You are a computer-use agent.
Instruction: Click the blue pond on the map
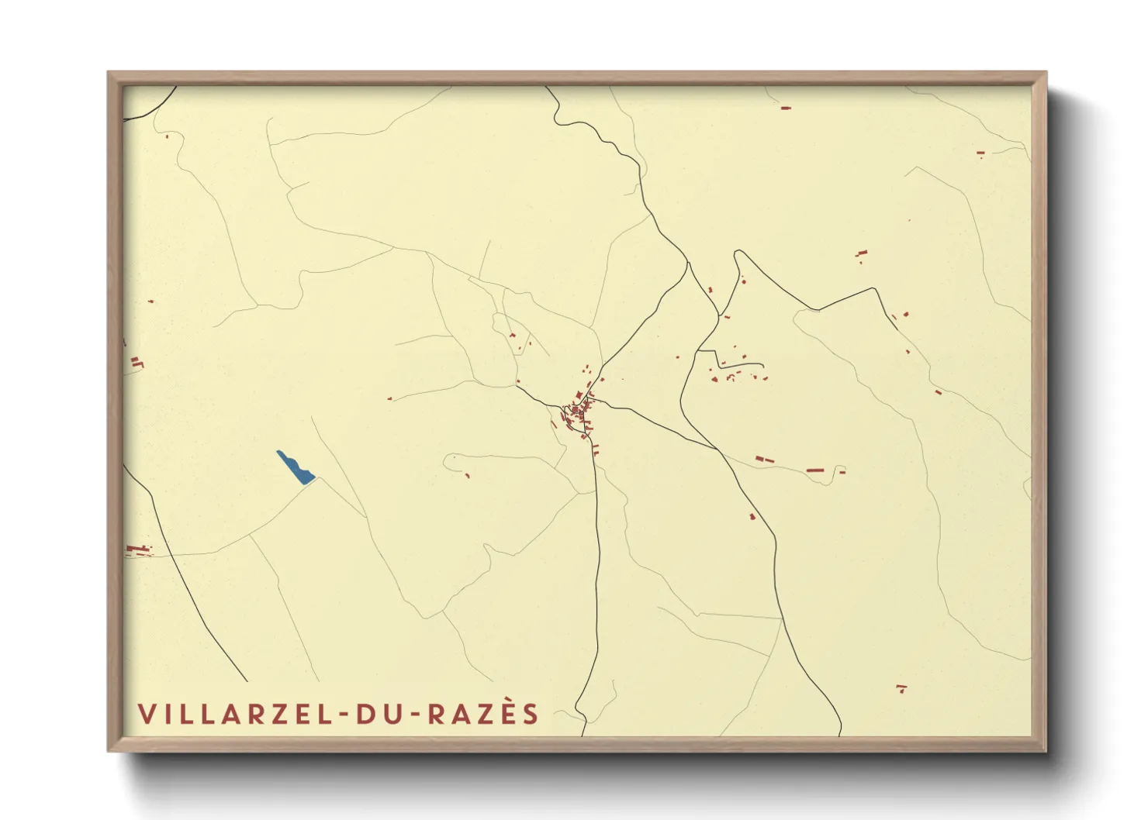(x=295, y=467)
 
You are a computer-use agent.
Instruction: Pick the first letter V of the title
(x=146, y=714)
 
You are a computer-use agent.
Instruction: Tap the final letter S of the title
(x=531, y=714)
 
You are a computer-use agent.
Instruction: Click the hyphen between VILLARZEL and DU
(x=344, y=715)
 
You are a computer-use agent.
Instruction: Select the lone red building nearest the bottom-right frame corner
(x=901, y=687)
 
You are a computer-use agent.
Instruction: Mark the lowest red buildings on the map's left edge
(x=137, y=550)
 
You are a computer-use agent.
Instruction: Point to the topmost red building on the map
(x=786, y=108)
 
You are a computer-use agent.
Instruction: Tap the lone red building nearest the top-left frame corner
(x=167, y=137)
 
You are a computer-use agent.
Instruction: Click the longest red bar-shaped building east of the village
(x=813, y=470)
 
